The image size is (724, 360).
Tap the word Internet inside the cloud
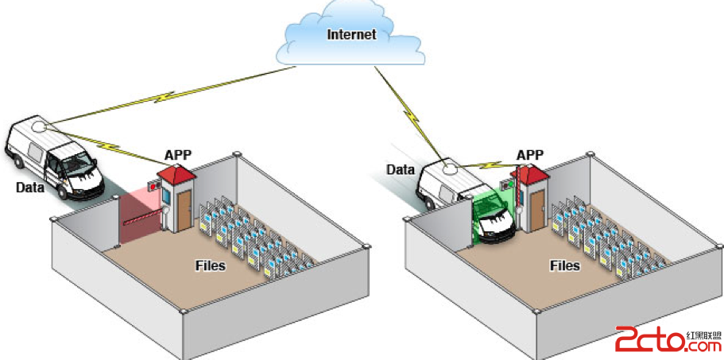(x=350, y=34)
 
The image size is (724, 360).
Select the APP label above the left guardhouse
(x=177, y=154)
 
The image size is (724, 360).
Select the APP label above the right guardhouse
(x=530, y=154)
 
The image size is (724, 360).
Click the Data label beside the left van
(x=30, y=188)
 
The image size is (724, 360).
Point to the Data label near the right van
(x=401, y=169)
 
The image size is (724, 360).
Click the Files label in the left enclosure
(x=210, y=265)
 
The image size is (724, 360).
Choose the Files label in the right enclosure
(x=563, y=265)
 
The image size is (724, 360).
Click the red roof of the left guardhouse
(x=176, y=172)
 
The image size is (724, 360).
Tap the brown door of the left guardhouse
(x=184, y=208)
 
